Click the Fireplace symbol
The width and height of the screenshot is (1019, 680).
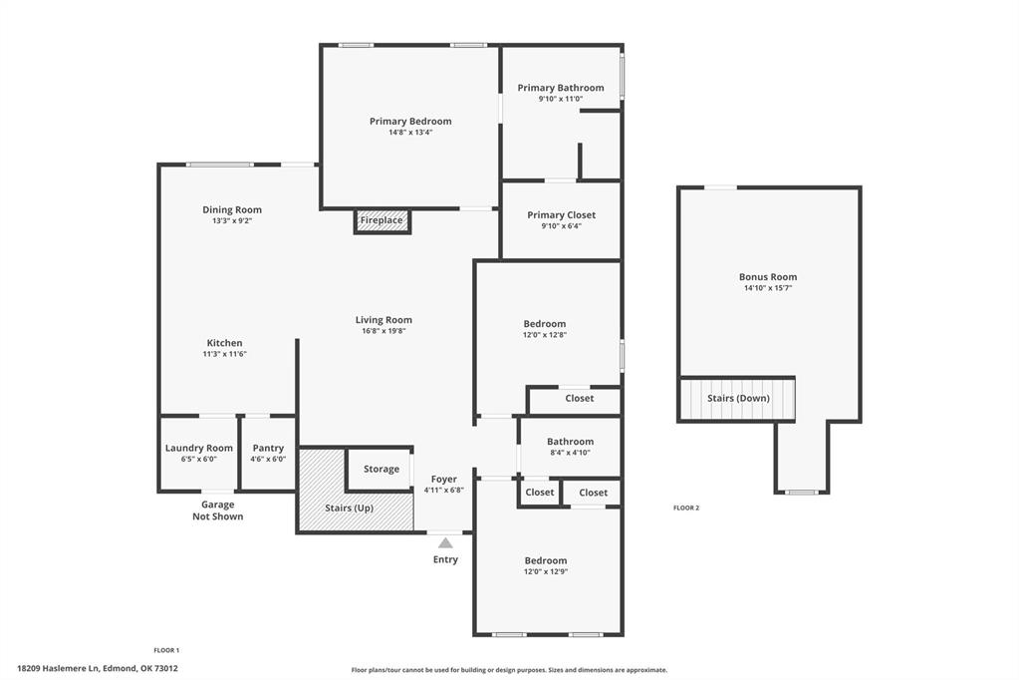[382, 220]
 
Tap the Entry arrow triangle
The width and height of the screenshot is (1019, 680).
[445, 543]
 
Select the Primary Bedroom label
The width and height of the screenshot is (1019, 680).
[410, 122]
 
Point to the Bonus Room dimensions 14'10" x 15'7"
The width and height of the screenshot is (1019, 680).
[768, 288]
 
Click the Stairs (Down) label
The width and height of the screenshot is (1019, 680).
[738, 399]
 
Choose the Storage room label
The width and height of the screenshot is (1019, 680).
[382, 469]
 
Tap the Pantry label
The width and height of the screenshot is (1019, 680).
[268, 449]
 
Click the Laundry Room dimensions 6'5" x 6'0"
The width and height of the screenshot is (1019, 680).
[199, 460]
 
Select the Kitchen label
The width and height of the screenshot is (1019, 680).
[224, 343]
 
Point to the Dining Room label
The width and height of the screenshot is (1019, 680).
[232, 210]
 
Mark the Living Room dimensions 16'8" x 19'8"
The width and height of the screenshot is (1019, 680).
[383, 331]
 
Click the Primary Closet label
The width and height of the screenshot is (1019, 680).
[562, 215]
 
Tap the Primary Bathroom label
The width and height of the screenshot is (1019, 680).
[561, 88]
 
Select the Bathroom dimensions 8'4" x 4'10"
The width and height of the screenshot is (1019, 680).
[570, 453]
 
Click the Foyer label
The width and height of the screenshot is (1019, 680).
[444, 480]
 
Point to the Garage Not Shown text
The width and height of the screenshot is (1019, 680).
[218, 510]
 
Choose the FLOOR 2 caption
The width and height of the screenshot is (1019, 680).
[686, 509]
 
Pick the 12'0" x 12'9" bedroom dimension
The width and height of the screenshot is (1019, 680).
[546, 572]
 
